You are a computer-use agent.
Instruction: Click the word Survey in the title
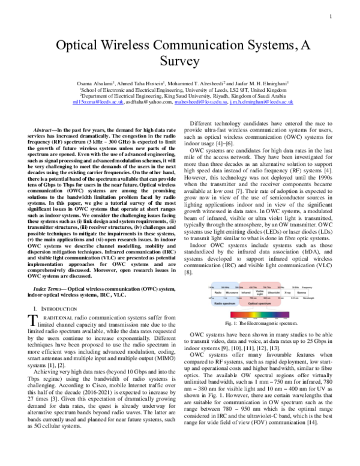[180, 62]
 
